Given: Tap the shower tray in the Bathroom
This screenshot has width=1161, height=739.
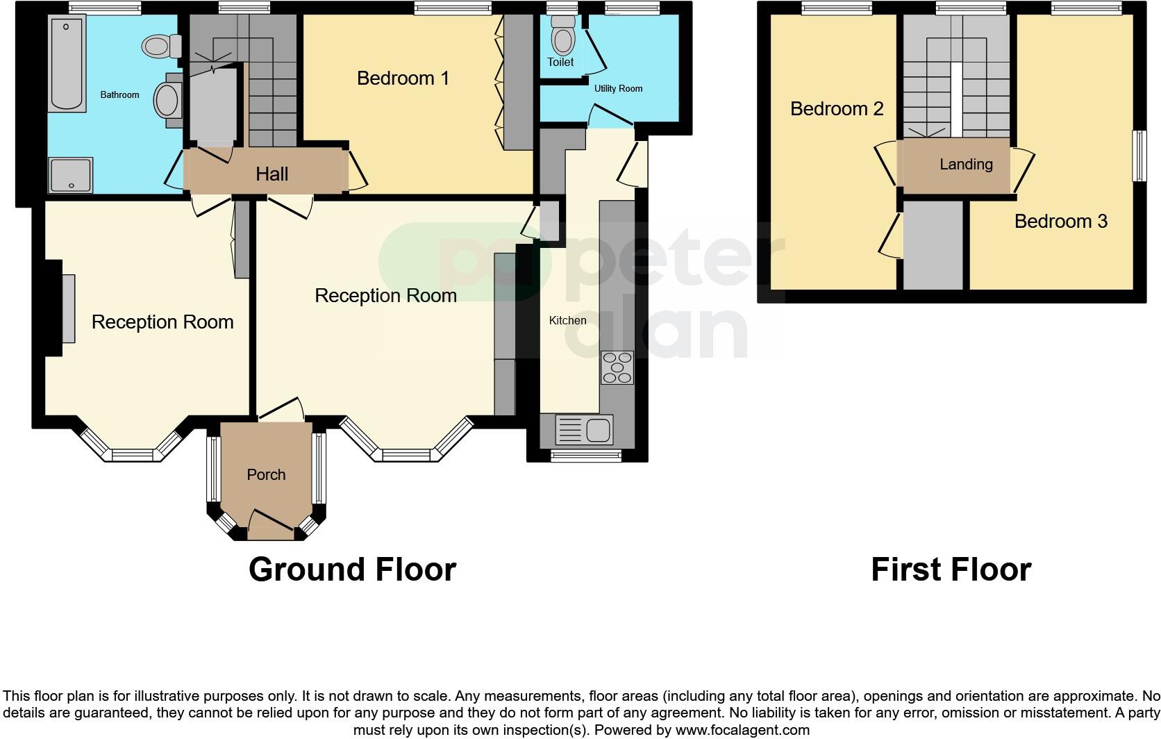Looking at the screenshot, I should click(70, 174).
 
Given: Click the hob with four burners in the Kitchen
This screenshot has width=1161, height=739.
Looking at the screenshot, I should click(617, 367).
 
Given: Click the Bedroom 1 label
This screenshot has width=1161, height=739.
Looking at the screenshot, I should click(403, 78).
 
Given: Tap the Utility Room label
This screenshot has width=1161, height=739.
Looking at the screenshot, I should click(618, 88).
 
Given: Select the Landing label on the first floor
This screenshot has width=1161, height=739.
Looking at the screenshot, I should click(966, 165).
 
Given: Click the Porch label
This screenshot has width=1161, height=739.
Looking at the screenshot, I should click(266, 474).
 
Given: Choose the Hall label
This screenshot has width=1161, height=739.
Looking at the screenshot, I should click(272, 174).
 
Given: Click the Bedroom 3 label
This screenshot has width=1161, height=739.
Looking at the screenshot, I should click(1060, 222).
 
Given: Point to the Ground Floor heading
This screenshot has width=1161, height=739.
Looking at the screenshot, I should click(352, 570).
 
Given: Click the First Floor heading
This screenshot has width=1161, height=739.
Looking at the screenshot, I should click(951, 570).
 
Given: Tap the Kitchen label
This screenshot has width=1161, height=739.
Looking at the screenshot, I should click(567, 320).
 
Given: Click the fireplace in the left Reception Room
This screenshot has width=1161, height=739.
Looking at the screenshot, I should click(67, 308).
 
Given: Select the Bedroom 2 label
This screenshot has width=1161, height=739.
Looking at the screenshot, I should click(837, 109).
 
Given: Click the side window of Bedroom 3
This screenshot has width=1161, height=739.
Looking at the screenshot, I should click(1139, 156).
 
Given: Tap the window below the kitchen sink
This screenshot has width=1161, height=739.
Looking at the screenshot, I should click(586, 456).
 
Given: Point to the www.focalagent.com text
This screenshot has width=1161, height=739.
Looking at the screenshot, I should click(742, 730).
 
